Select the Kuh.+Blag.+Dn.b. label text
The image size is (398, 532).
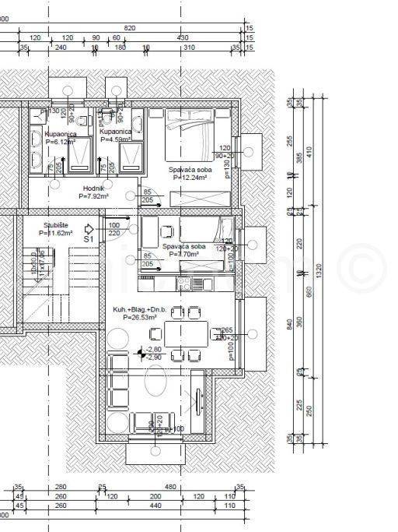[x=135, y=309]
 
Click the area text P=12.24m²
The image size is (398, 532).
[x=189, y=178]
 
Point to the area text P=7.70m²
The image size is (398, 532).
[x=183, y=253]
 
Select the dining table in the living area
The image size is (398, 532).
[x=185, y=334]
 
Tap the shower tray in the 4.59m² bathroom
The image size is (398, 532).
[x=124, y=153]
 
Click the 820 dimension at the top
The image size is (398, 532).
[x=130, y=28]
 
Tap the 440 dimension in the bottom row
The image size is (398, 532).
[x=155, y=506]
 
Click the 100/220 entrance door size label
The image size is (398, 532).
[x=114, y=229]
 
